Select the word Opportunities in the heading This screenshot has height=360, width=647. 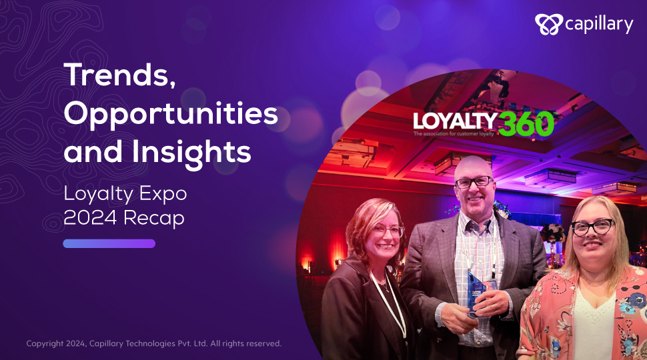tap(171, 115)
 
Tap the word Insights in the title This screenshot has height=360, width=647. tap(191, 151)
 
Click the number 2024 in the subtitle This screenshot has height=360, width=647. tap(90, 217)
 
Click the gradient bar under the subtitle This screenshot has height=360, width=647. tap(109, 244)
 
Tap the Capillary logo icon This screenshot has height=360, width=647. tap(548, 24)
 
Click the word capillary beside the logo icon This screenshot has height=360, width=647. tap(599, 25)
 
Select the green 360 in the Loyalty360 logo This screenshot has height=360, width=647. tap(526, 124)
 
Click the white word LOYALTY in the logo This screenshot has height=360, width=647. tap(455, 121)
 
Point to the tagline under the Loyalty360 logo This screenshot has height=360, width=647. tap(454, 133)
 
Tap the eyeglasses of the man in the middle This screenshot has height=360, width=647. tap(474, 182)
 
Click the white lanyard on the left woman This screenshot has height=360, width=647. tap(390, 303)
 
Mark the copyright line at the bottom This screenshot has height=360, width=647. tap(154, 343)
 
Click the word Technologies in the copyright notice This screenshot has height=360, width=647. tap(151, 343)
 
